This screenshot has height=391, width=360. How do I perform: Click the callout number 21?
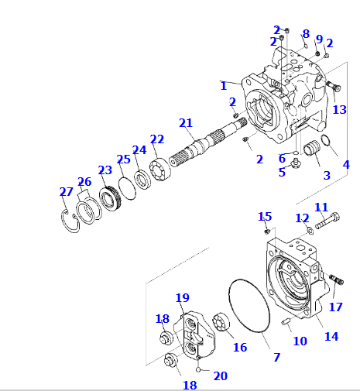point(185,123)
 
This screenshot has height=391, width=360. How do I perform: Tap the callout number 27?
point(67,192)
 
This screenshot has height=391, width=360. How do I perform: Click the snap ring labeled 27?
point(72,220)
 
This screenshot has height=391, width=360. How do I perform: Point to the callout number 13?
point(340,109)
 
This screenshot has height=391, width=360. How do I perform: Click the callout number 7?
point(276,357)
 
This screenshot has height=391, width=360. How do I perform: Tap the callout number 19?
point(182,298)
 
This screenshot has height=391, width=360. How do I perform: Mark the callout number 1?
point(224,85)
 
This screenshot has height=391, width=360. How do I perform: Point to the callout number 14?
point(331,336)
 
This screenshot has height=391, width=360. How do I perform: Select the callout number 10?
point(300,341)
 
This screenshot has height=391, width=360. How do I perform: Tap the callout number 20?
point(220,376)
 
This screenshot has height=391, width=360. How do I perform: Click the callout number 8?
point(306,34)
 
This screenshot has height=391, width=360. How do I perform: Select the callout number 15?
point(265,216)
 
